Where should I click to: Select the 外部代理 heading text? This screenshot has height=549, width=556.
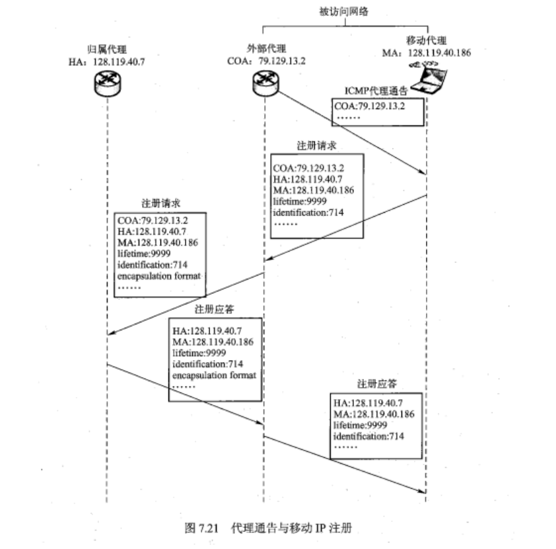pos(263,49)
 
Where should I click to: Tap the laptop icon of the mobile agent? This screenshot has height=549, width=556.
pos(427,77)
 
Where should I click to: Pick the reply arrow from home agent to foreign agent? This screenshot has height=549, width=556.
pos(185,400)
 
